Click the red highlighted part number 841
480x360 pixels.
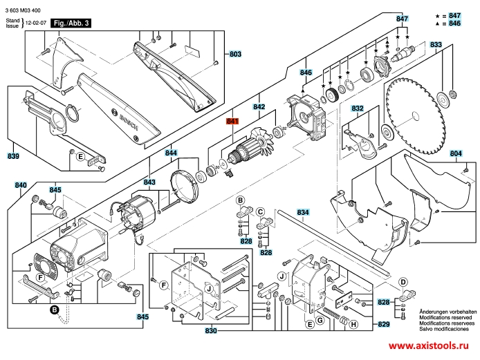pos(232,122)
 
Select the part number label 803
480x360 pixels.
pos(235,54)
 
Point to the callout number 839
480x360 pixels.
pos(13,156)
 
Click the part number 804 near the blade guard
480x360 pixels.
pos(455,153)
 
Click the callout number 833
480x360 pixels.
pos(436,45)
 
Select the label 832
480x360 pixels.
pos(357,108)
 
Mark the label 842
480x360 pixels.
pos(259,107)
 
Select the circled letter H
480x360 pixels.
pos(353,325)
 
